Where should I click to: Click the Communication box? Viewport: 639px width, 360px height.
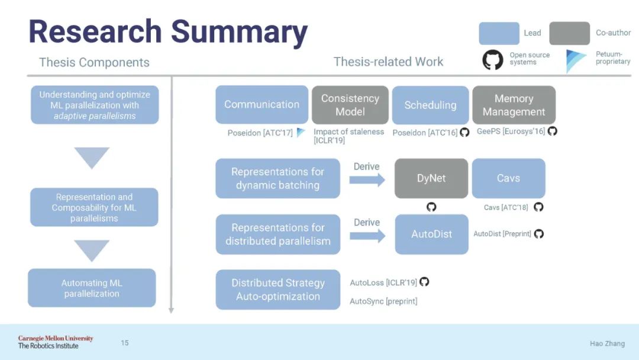[x=262, y=105]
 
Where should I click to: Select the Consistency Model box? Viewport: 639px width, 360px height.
[x=350, y=105]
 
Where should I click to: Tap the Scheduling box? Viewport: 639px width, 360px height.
[x=430, y=105]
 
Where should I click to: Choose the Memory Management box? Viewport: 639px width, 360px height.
[x=514, y=105]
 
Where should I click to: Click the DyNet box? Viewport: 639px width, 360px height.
[x=431, y=178]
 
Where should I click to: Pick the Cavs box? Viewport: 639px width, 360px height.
[x=508, y=178]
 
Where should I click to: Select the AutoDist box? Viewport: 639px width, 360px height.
[x=431, y=234]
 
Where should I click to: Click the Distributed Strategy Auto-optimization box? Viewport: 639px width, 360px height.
[x=277, y=290]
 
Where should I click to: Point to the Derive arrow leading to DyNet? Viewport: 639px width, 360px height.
[x=367, y=179]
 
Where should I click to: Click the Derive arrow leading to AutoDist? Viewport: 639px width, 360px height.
[x=367, y=235]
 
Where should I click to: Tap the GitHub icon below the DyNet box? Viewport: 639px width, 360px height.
[x=431, y=207]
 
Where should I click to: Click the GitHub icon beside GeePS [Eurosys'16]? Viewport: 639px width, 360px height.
[x=553, y=131]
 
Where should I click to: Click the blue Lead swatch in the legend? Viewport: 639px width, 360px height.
[x=499, y=33]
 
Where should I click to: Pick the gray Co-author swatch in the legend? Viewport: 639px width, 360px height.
[x=569, y=33]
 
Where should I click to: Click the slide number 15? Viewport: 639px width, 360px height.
[x=125, y=343]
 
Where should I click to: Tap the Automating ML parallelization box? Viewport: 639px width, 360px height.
[x=92, y=288]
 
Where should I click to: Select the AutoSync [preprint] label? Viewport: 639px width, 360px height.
[x=383, y=301]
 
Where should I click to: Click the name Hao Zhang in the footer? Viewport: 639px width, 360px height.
[x=607, y=343]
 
